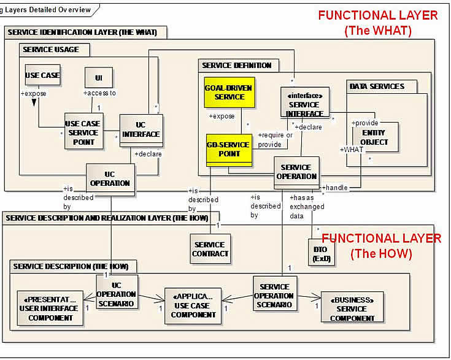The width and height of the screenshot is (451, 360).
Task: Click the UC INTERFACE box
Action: (141, 130)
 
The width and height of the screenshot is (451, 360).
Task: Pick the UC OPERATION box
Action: (110, 178)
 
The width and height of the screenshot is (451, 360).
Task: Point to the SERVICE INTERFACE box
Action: (304, 105)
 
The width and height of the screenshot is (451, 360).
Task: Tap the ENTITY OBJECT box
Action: (374, 137)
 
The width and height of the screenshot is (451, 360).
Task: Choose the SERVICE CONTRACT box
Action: (210, 249)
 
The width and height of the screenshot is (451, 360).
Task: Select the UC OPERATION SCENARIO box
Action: (115, 292)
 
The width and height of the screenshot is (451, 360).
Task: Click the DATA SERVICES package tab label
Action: (377, 87)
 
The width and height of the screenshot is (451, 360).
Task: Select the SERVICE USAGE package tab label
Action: (50, 48)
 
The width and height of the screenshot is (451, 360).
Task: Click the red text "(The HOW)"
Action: (380, 253)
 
